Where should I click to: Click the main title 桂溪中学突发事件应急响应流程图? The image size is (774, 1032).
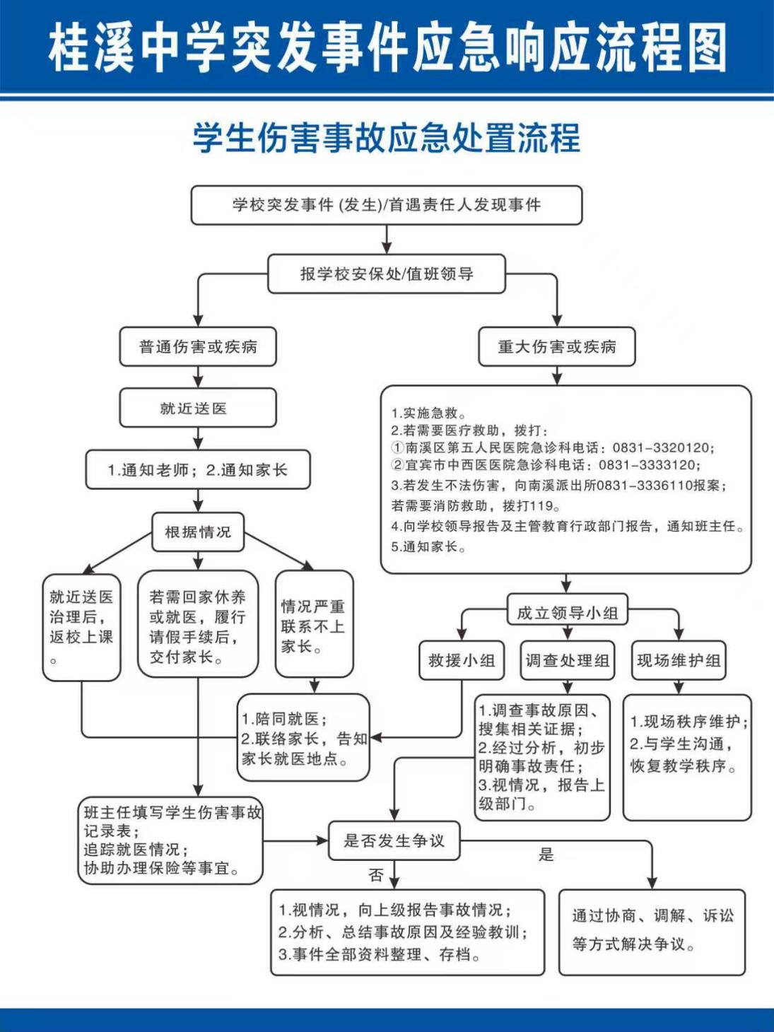387,48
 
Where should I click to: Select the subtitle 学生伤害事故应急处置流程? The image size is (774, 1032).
387,137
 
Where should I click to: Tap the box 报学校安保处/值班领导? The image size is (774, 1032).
387,274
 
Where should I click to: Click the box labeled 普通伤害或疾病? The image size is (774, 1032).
198,347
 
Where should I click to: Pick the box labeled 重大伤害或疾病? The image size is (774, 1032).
557,347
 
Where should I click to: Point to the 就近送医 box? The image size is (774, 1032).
198,409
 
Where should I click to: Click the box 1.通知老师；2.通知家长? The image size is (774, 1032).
198,470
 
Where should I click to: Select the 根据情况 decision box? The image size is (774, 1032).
198,532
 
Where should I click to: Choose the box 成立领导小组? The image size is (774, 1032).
567,613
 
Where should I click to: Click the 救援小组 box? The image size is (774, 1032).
462,661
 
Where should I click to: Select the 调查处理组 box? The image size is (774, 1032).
567,661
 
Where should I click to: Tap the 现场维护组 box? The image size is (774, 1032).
679,661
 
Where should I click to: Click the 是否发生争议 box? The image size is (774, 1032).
394,841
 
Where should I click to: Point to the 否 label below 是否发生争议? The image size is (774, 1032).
376,876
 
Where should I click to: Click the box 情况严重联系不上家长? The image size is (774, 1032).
314,625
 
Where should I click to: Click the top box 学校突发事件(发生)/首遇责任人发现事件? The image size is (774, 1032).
387,205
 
